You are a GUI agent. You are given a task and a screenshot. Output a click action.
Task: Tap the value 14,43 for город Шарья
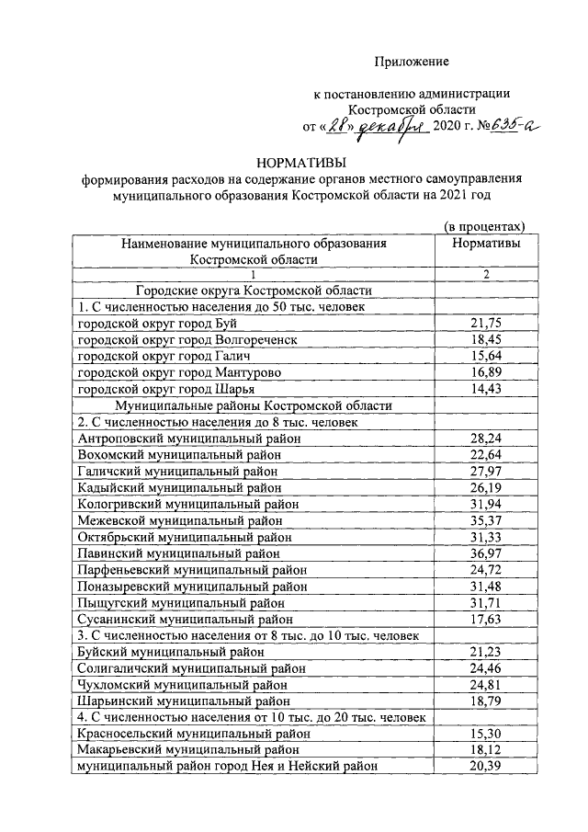click(x=484, y=389)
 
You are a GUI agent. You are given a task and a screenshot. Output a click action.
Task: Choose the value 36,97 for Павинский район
click(x=484, y=554)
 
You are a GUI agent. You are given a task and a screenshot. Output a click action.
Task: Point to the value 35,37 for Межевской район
click(x=484, y=521)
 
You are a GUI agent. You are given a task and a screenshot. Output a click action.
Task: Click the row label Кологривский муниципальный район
click(x=193, y=505)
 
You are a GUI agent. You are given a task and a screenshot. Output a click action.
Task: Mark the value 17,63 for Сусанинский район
click(x=484, y=621)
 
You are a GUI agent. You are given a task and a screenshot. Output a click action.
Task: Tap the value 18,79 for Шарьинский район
click(x=484, y=701)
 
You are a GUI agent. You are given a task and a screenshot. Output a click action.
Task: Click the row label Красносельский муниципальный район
click(x=194, y=735)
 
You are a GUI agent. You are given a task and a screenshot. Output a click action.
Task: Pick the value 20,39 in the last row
click(x=484, y=768)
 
